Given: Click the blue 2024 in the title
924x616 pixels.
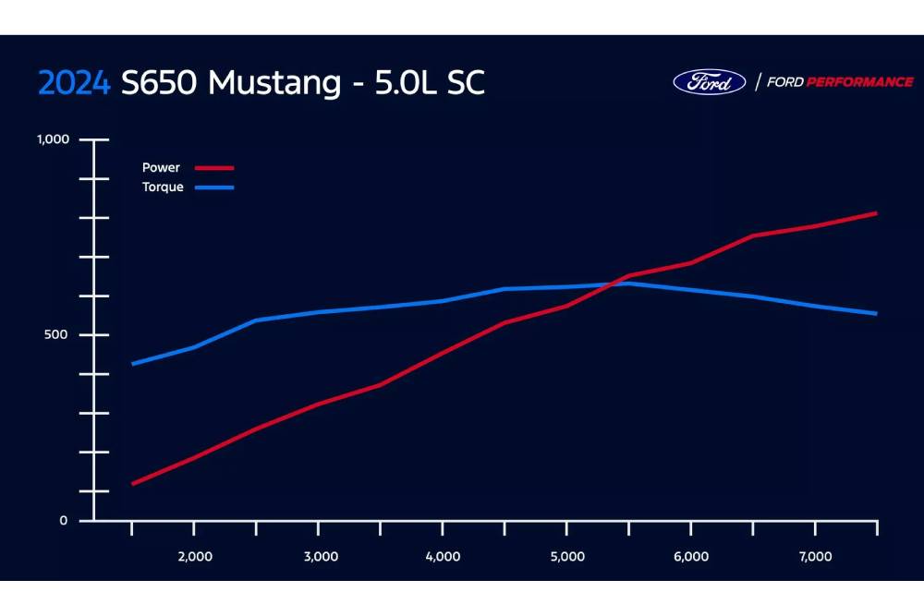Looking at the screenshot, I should pyautogui.click(x=76, y=83).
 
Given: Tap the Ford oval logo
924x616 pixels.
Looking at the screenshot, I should pyautogui.click(x=709, y=81).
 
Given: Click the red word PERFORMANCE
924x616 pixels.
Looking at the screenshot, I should pyautogui.click(x=859, y=82).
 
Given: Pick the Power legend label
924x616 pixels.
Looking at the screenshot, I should pyautogui.click(x=161, y=168).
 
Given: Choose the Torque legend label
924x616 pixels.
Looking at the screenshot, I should pyautogui.click(x=163, y=187).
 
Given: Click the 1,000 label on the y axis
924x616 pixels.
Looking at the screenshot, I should pyautogui.click(x=53, y=139).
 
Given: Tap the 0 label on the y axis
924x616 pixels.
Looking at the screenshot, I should pyautogui.click(x=64, y=521).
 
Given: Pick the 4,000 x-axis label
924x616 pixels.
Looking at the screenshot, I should pyautogui.click(x=444, y=556).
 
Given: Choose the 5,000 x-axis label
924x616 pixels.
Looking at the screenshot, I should pyautogui.click(x=567, y=556).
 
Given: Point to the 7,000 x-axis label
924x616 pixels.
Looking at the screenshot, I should pyautogui.click(x=815, y=556).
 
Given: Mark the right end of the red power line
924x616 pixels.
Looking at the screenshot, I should pyautogui.click(x=876, y=213).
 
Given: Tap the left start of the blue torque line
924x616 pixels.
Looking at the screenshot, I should pyautogui.click(x=133, y=364).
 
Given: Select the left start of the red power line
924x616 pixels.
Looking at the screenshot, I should pyautogui.click(x=133, y=483).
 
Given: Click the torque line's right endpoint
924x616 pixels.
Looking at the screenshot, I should pyautogui.click(x=876, y=314).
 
